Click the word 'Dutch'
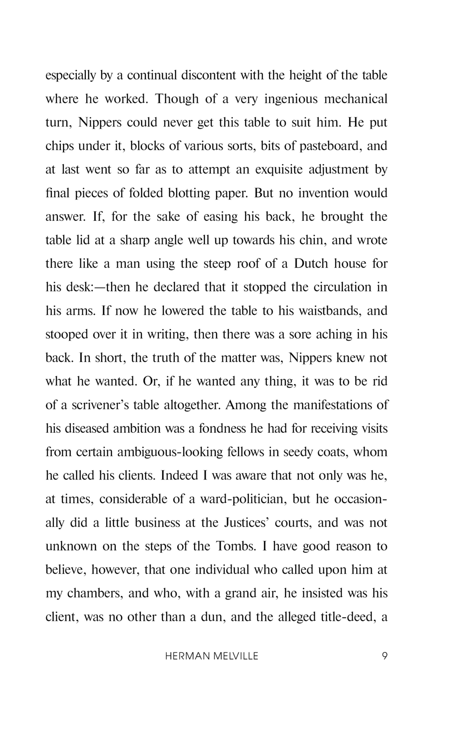311,264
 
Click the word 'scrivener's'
100,405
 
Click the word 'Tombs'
235,546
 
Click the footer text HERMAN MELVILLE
212,656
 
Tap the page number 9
385,656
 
